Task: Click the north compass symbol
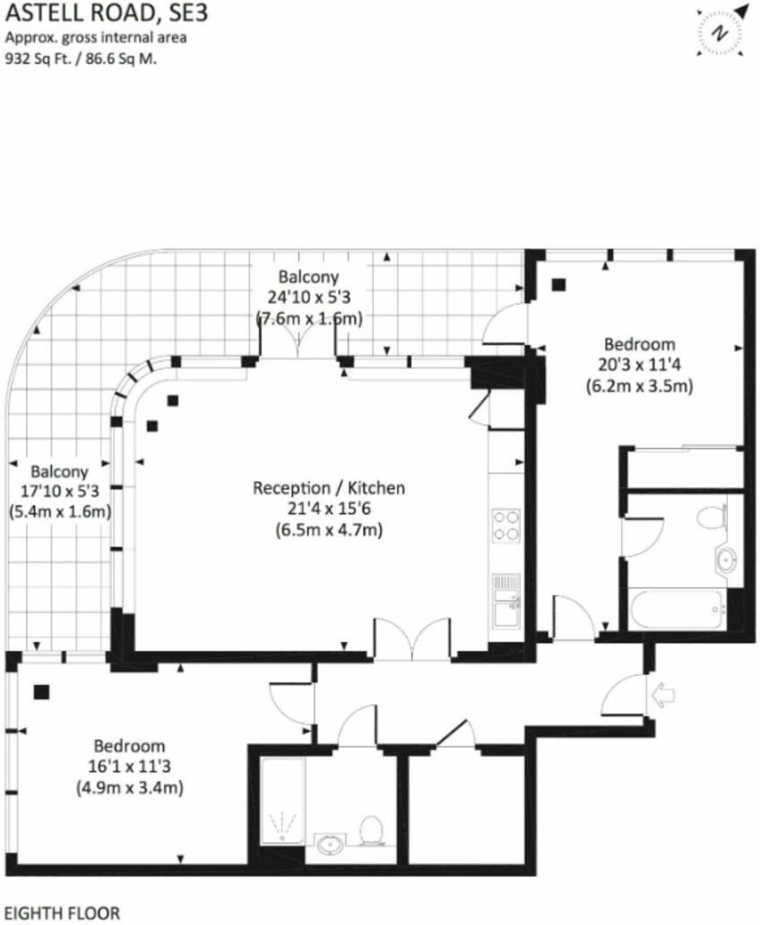click(719, 32)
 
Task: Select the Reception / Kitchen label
click(329, 488)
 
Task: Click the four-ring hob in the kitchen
click(505, 525)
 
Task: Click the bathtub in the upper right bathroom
click(679, 609)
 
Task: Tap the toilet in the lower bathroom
click(371, 829)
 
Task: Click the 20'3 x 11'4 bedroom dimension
click(639, 366)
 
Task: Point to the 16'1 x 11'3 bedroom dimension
click(131, 767)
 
